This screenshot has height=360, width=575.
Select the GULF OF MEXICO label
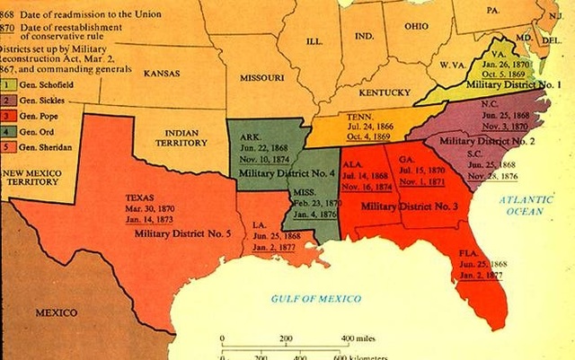click(317, 297)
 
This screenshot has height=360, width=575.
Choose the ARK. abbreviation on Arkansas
click(251, 136)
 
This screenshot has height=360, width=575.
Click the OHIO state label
click(415, 26)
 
